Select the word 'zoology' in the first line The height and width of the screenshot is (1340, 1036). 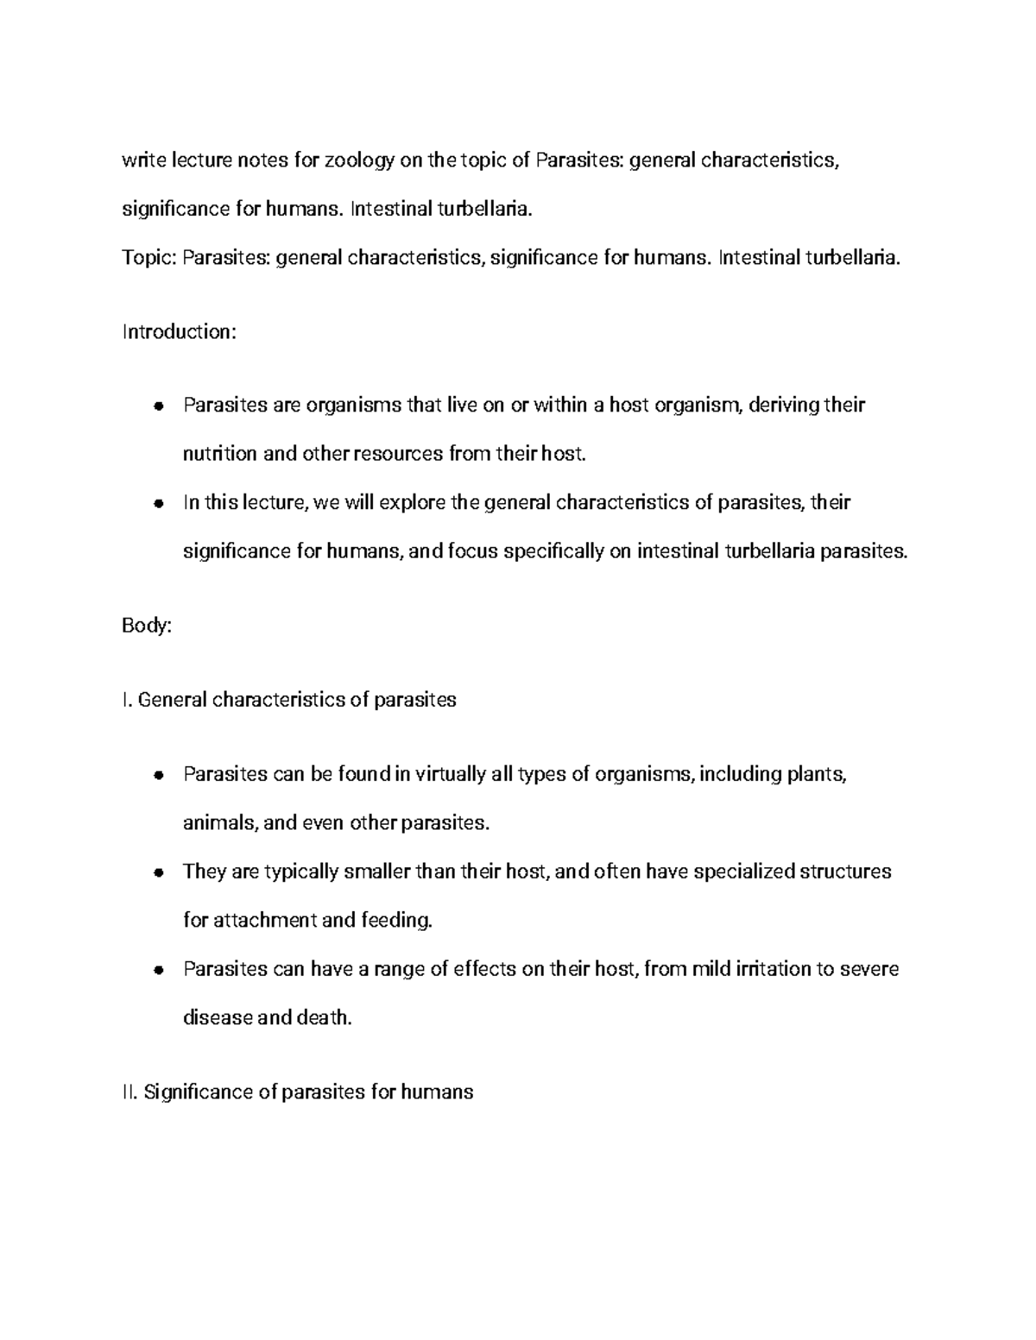point(358,160)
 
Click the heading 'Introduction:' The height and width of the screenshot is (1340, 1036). point(179,332)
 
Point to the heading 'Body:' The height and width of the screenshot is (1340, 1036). point(148,626)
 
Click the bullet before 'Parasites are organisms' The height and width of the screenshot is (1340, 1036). point(157,406)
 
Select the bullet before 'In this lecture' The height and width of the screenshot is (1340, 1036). point(157,504)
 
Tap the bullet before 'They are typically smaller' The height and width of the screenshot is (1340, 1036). point(157,872)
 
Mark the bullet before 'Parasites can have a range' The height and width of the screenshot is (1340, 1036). point(157,970)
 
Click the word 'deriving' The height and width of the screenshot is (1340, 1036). point(784,405)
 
